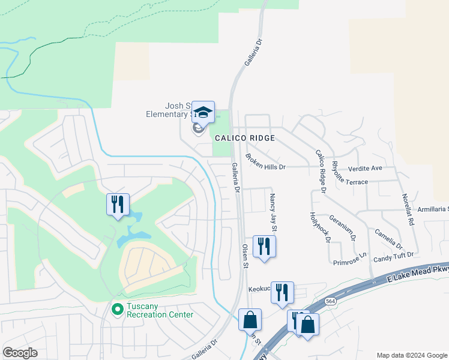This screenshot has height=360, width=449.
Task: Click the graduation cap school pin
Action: point(203,112)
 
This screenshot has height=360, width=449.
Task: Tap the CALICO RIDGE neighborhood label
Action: point(245,138)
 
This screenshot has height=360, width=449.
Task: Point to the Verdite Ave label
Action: point(368,168)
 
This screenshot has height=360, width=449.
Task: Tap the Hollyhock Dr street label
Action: point(320,227)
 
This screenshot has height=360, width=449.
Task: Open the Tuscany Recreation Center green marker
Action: point(117,310)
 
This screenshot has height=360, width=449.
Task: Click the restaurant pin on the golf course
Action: point(118,204)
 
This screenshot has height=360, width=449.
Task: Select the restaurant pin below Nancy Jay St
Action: point(264,246)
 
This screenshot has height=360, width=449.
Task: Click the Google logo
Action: point(20,353)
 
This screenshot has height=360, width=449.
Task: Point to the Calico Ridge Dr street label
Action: point(320,170)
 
